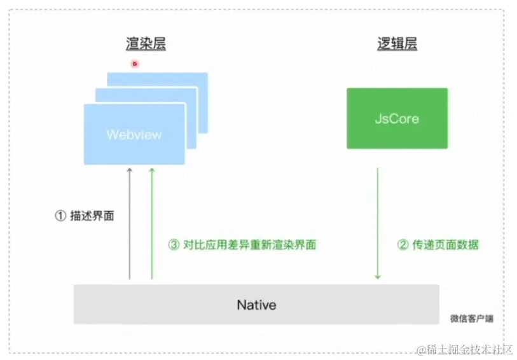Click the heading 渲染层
(146, 44)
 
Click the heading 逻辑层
(396, 44)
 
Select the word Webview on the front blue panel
(134, 135)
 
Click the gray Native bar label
(256, 305)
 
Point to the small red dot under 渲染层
(134, 63)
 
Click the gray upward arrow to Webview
(129, 223)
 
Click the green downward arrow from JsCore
(378, 223)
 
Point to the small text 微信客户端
(471, 318)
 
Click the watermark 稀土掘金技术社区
(467, 349)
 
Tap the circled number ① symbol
(60, 216)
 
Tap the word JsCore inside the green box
(397, 119)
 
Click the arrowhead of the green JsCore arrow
(378, 276)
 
